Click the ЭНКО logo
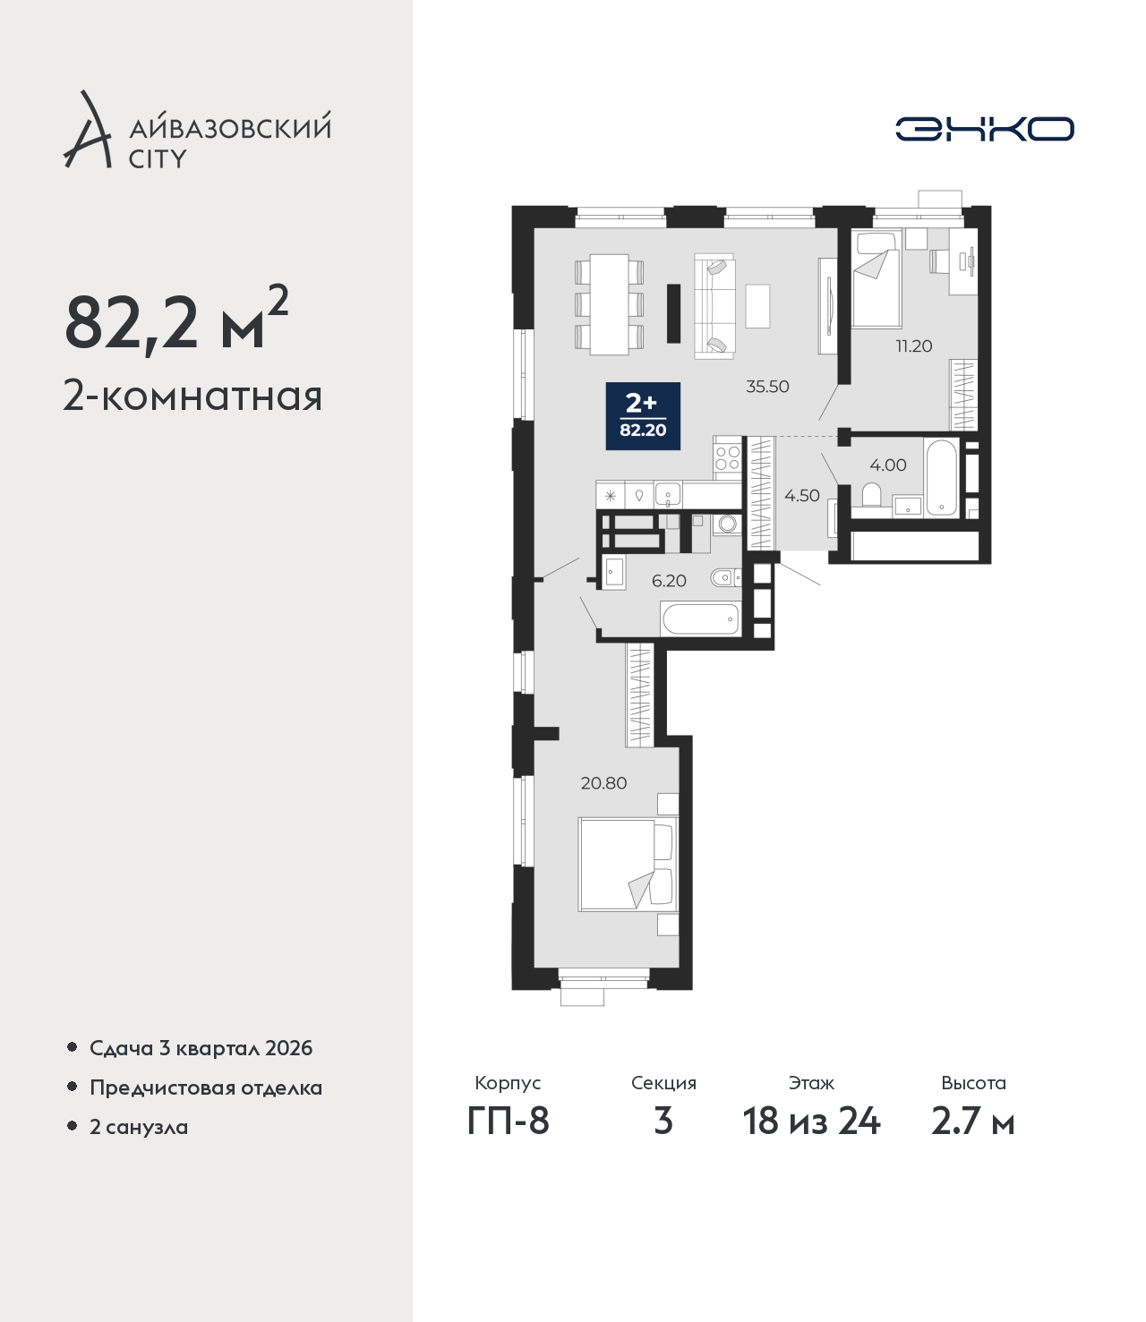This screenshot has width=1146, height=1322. click(984, 129)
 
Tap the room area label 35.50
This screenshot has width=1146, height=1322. click(767, 387)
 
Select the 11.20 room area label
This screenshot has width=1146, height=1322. click(914, 346)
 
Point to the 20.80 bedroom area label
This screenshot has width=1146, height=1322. click(603, 783)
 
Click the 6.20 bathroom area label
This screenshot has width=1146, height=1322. click(669, 581)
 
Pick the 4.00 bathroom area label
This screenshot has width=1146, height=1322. click(888, 465)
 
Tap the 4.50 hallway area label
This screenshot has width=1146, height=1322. click(801, 495)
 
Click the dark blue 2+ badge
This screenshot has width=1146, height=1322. click(643, 415)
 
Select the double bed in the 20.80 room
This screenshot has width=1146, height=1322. click(628, 864)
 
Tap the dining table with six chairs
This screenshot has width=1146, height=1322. click(609, 304)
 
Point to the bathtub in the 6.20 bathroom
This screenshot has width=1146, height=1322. click(701, 618)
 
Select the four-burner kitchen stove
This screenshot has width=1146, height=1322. click(728, 457)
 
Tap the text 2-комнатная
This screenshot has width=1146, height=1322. click(192, 397)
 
